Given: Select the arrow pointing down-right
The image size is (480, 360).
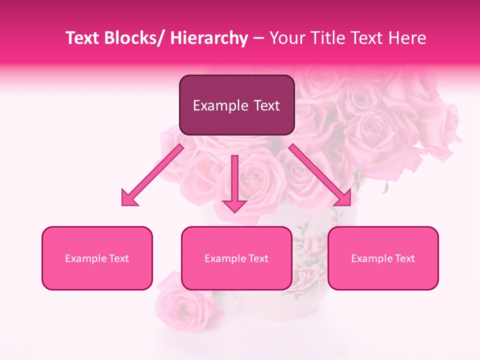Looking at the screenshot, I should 320,175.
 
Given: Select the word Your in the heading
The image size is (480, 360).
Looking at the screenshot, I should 286,38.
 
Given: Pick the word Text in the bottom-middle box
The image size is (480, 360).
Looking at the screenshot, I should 258,258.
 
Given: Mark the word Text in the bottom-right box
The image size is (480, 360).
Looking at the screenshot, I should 404,258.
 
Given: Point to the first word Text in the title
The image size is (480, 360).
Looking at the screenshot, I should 84,38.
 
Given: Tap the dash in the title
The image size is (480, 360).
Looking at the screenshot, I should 258,38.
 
